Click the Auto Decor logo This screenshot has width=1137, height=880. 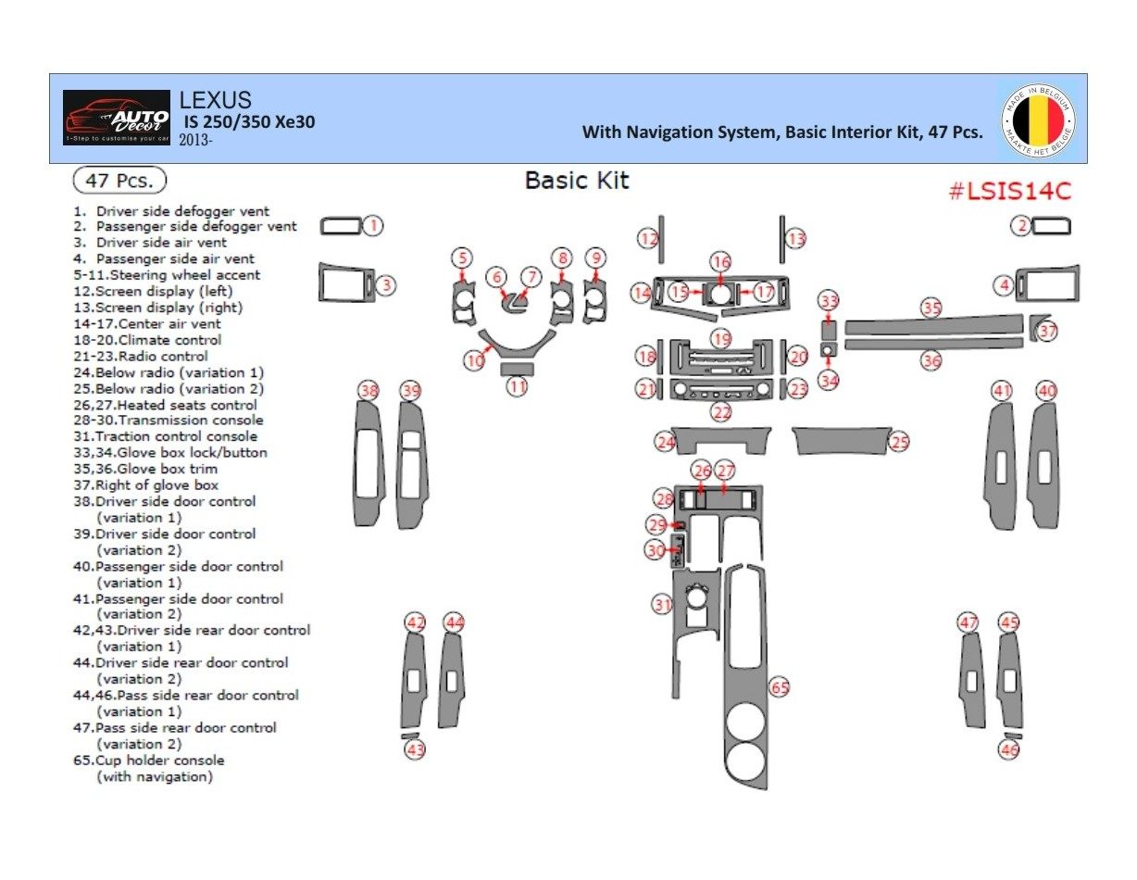(x=117, y=118)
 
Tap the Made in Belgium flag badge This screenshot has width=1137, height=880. (x=1039, y=119)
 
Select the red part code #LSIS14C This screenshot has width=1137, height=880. (x=1009, y=192)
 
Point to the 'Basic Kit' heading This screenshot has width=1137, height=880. (x=577, y=180)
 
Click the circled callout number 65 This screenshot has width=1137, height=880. (x=780, y=687)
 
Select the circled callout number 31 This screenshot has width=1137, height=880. (x=662, y=605)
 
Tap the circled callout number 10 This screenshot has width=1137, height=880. (x=474, y=359)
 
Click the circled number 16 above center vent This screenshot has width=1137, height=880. (x=720, y=262)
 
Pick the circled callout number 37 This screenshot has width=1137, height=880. (x=1047, y=331)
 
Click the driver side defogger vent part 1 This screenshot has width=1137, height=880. (x=341, y=225)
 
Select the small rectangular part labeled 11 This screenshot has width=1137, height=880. (x=517, y=369)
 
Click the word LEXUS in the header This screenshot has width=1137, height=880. (x=215, y=100)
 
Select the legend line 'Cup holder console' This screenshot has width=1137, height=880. (x=159, y=761)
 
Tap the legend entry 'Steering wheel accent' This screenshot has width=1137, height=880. (x=178, y=275)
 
